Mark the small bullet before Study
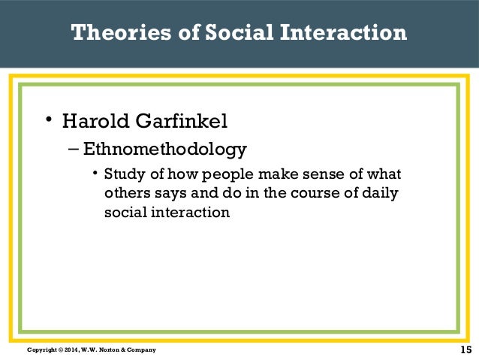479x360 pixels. [95, 174]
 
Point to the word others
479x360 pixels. [122, 194]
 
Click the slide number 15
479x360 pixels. [465, 349]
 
